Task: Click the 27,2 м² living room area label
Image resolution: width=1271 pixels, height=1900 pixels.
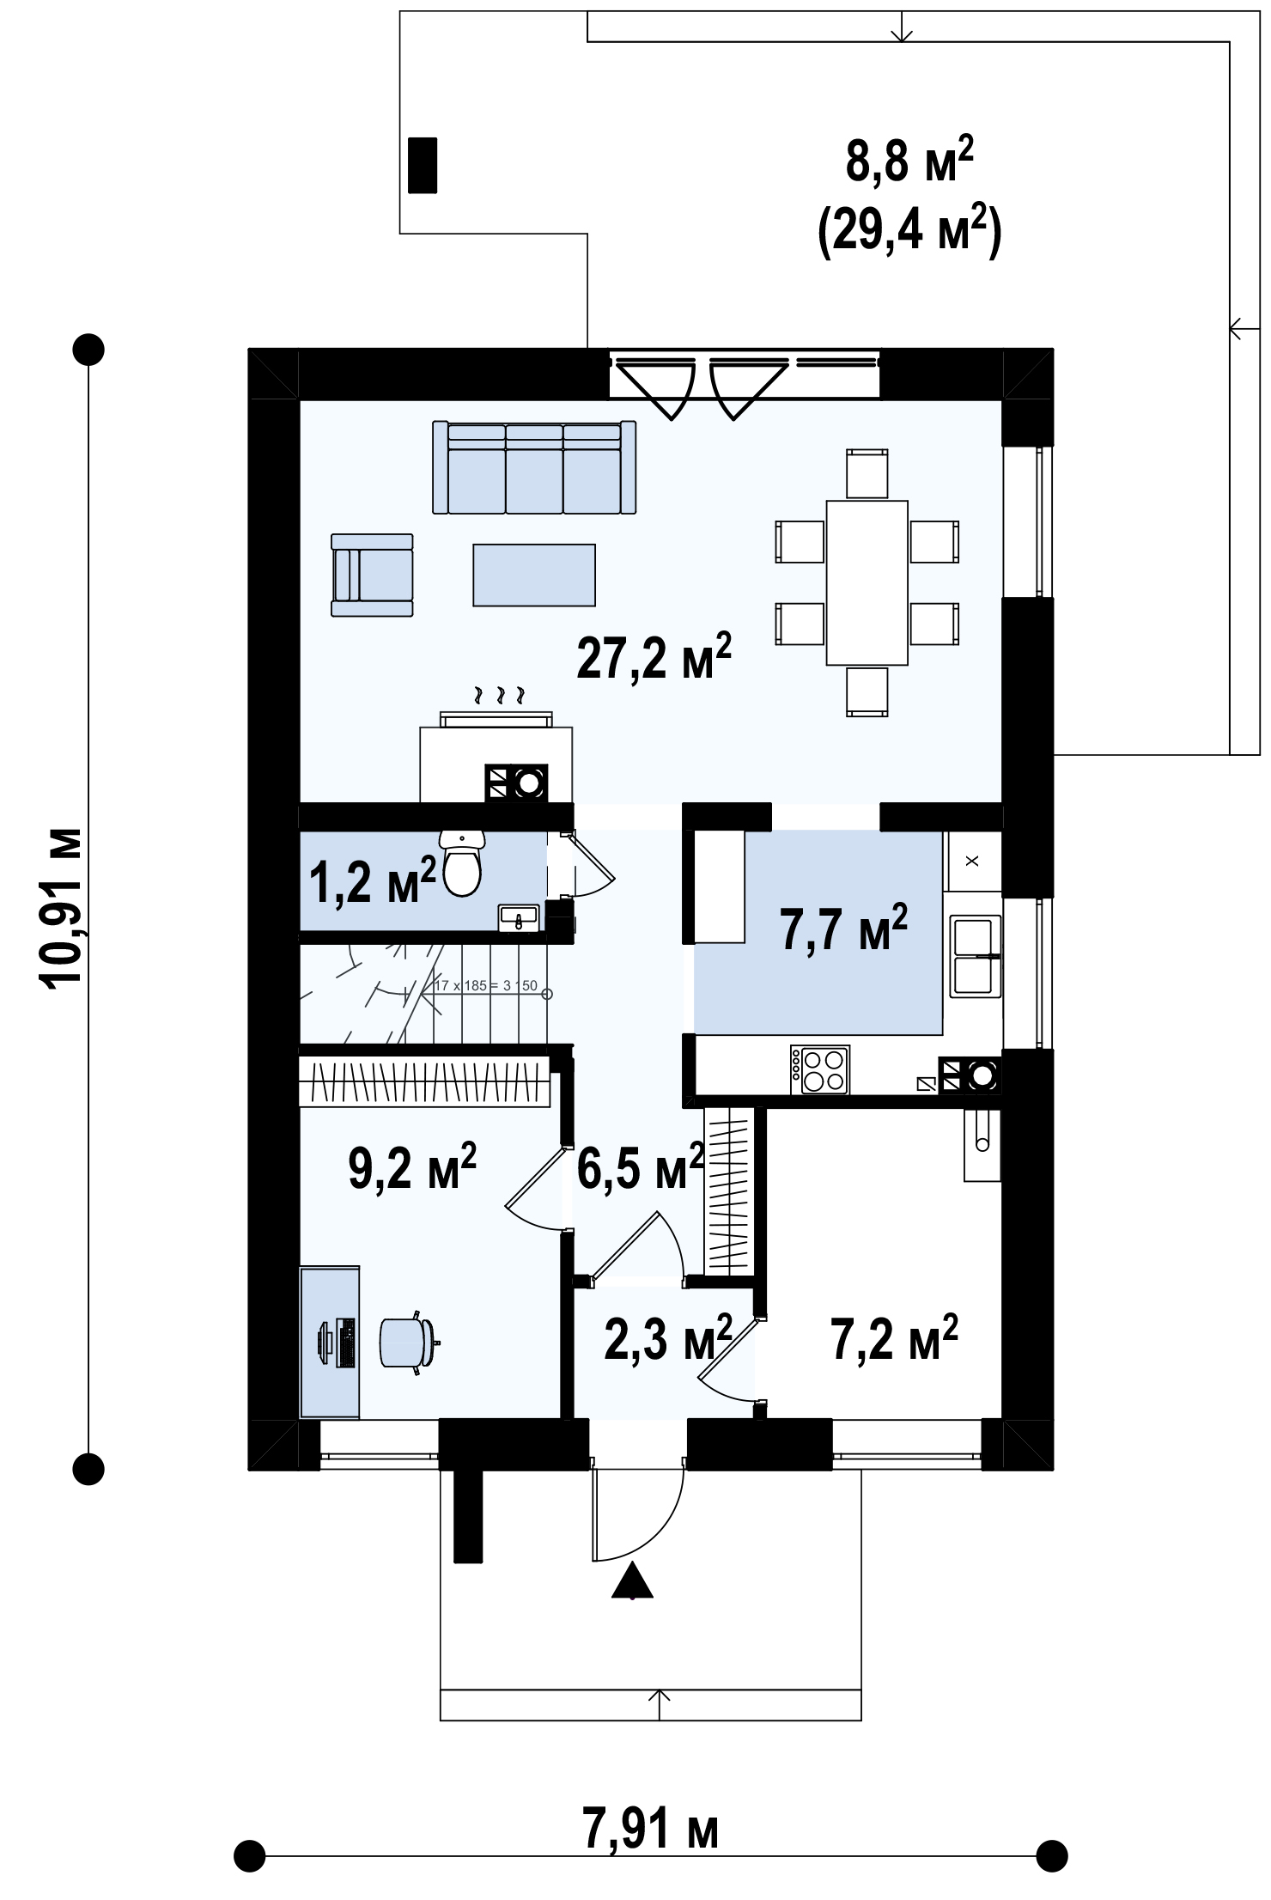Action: pos(654,657)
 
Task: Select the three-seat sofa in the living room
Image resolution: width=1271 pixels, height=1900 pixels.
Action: pos(534,467)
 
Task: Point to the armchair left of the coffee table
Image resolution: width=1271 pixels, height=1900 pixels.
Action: pos(372,575)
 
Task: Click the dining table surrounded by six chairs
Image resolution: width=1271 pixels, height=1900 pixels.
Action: pos(867,582)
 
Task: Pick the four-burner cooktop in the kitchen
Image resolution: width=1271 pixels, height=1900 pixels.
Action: pos(819,1069)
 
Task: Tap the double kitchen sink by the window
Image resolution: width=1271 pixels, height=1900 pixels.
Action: pos(975,956)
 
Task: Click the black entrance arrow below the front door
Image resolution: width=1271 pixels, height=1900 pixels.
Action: pos(632,1580)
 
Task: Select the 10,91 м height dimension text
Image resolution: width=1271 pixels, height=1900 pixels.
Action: pos(64,909)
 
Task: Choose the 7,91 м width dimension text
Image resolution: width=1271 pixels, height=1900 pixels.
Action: pos(650,1829)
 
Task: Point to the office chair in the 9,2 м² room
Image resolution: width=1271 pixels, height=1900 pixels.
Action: pos(409,1343)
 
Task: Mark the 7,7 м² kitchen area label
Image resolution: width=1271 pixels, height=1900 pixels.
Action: pos(843,928)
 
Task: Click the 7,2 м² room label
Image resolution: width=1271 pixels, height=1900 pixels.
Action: pos(894,1337)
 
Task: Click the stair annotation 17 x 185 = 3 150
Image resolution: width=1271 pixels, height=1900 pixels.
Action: pos(486,985)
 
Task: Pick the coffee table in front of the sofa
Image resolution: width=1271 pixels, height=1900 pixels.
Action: pos(534,575)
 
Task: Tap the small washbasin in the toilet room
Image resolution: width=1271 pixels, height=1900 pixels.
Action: pos(519,918)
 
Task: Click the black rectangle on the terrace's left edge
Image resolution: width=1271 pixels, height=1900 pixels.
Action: pos(423,165)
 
